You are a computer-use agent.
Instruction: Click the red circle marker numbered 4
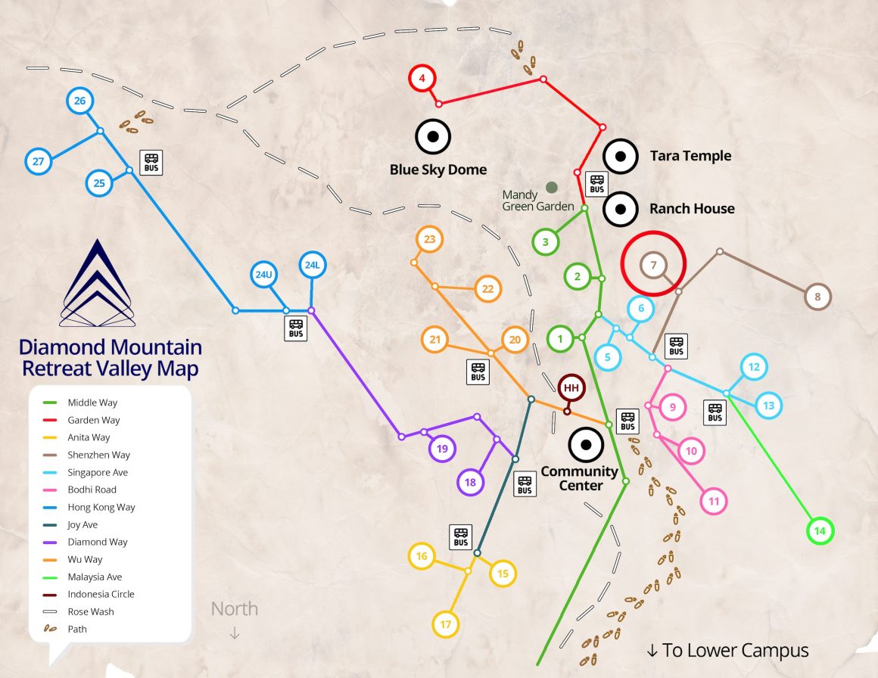(422, 78)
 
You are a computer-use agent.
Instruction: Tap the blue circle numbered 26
(79, 101)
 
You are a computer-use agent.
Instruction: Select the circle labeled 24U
(263, 275)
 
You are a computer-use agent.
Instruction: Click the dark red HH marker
(571, 388)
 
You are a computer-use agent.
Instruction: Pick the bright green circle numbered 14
(819, 531)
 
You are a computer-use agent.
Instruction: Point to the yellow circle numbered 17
(446, 624)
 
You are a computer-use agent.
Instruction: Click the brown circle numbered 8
(817, 297)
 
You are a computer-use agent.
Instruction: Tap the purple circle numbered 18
(470, 482)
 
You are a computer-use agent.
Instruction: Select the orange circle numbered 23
(430, 240)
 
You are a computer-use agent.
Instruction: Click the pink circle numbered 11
(713, 501)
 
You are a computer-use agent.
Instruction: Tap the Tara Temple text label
(690, 156)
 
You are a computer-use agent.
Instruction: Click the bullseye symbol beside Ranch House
(620, 209)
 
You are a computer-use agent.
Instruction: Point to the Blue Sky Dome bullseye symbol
(433, 137)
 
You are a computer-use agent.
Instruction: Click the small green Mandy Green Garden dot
(552, 187)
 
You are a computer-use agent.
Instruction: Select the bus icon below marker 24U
(296, 328)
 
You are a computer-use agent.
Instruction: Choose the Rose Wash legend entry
(90, 611)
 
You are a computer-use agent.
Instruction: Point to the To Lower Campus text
(727, 650)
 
